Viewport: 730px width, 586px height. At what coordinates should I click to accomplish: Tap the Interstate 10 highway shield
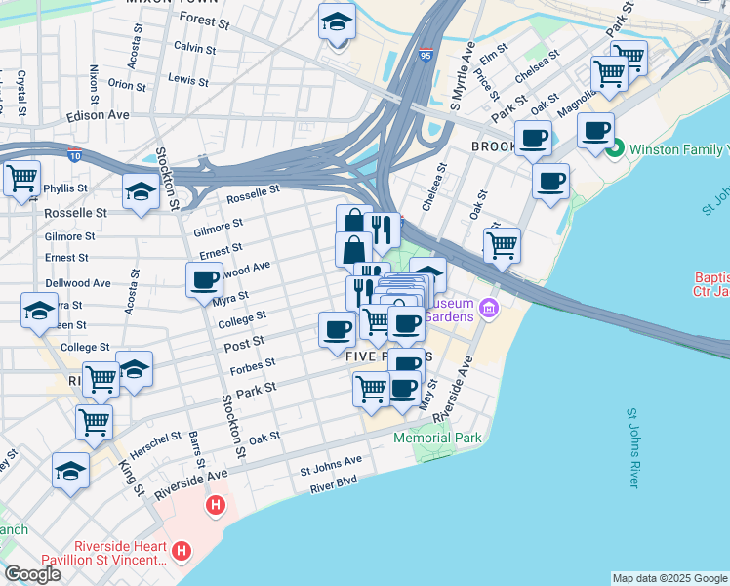point(75,154)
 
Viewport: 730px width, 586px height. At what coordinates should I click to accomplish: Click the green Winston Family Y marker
point(614,149)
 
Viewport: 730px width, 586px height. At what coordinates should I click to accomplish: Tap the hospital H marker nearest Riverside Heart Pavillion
point(181,552)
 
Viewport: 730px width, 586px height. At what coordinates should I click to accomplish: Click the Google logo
point(33,574)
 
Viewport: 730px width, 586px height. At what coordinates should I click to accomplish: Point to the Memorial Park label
point(437,438)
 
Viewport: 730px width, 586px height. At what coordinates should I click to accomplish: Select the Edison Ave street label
point(98,115)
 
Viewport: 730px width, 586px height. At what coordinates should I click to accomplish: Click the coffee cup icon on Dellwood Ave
point(205,279)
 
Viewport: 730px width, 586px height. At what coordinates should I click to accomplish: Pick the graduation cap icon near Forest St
point(337,22)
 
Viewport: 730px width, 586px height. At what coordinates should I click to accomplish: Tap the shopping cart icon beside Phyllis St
point(21,179)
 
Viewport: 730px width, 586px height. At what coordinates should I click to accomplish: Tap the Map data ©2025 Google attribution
point(669,578)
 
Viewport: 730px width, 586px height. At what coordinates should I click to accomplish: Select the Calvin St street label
point(193,47)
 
